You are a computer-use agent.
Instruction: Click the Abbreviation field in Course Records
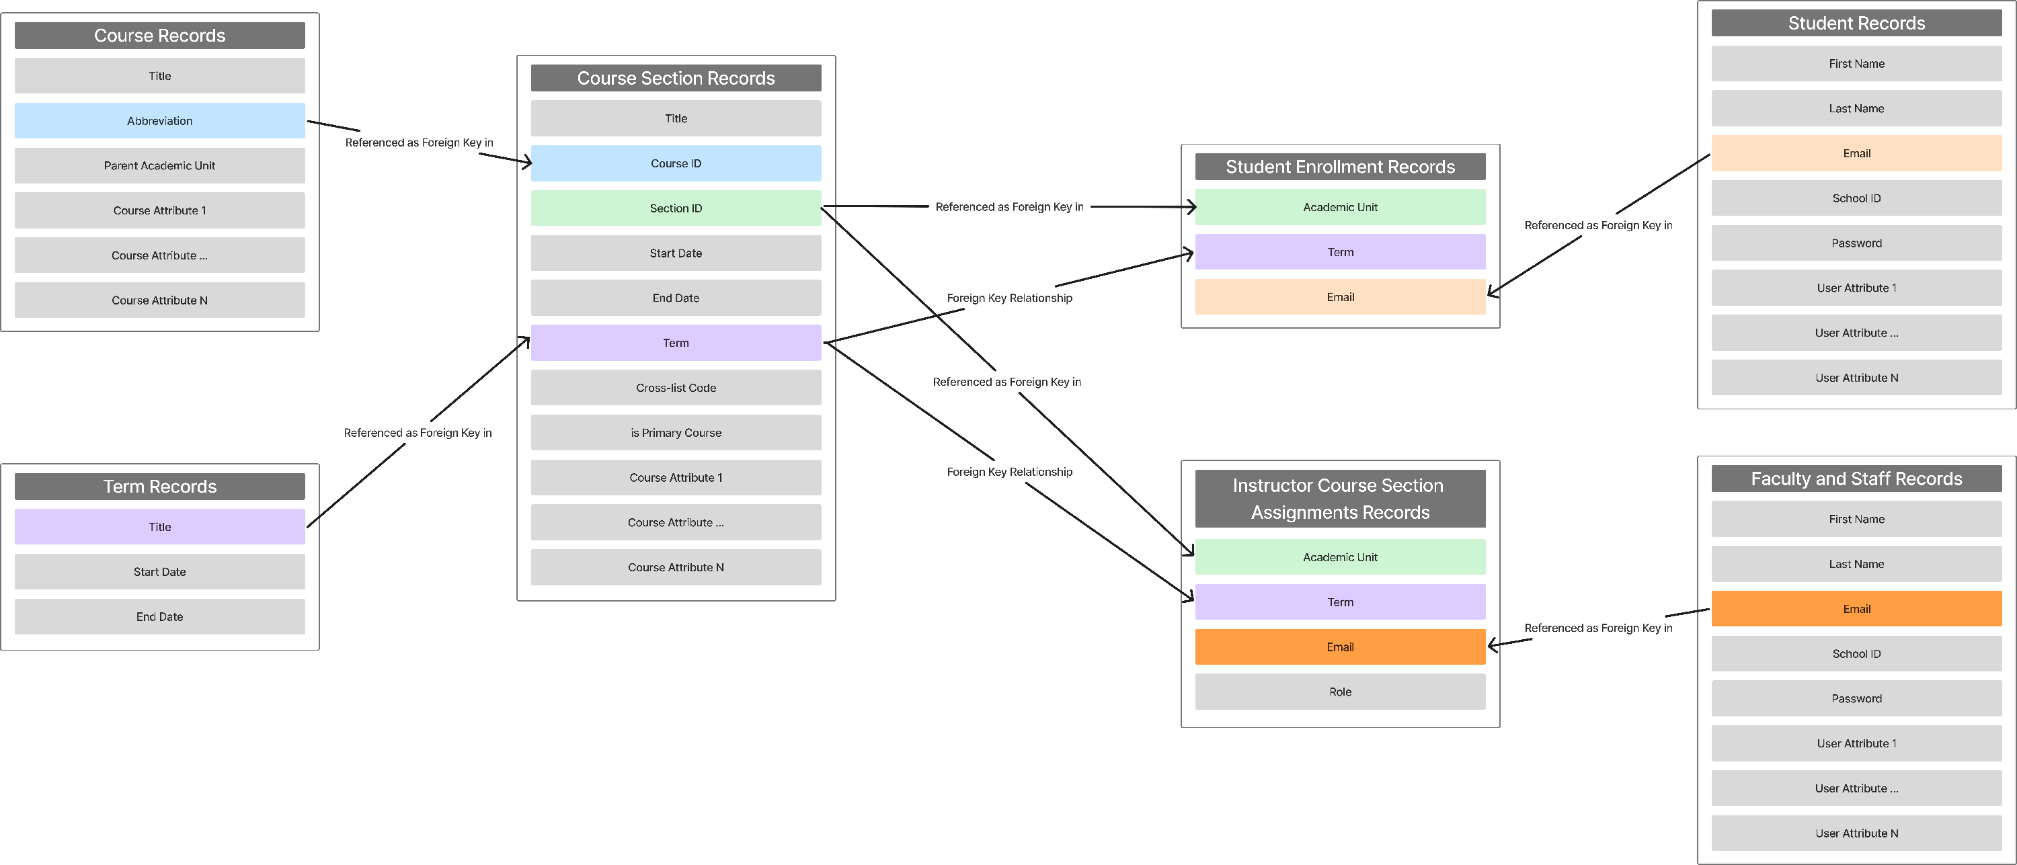click(x=160, y=120)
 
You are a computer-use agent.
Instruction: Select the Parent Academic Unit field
click(x=160, y=165)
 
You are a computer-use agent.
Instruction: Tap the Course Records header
click(x=160, y=35)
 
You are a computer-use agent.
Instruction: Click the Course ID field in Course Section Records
click(x=676, y=163)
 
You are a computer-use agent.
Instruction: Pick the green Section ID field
click(x=676, y=208)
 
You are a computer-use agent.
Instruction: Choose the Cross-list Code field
click(x=676, y=388)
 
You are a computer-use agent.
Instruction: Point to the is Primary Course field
click(x=676, y=432)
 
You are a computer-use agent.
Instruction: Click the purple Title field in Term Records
click(x=160, y=527)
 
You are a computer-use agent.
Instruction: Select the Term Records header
click(x=160, y=486)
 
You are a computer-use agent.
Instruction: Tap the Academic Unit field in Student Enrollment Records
click(x=1340, y=206)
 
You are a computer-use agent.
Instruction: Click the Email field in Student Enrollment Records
click(x=1340, y=296)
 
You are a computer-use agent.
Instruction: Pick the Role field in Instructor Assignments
click(x=1340, y=691)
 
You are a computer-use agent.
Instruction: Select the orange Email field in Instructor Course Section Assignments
click(x=1340, y=647)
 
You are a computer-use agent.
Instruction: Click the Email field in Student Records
click(x=1856, y=153)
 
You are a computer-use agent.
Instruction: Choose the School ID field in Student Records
click(x=1856, y=198)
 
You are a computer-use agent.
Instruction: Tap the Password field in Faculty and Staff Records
click(x=1856, y=698)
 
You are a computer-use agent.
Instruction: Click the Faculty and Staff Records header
click(x=1856, y=479)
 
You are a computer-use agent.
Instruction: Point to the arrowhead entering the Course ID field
click(x=528, y=163)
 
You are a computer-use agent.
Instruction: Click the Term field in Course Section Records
click(x=676, y=343)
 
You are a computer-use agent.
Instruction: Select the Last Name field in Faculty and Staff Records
click(x=1856, y=564)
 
